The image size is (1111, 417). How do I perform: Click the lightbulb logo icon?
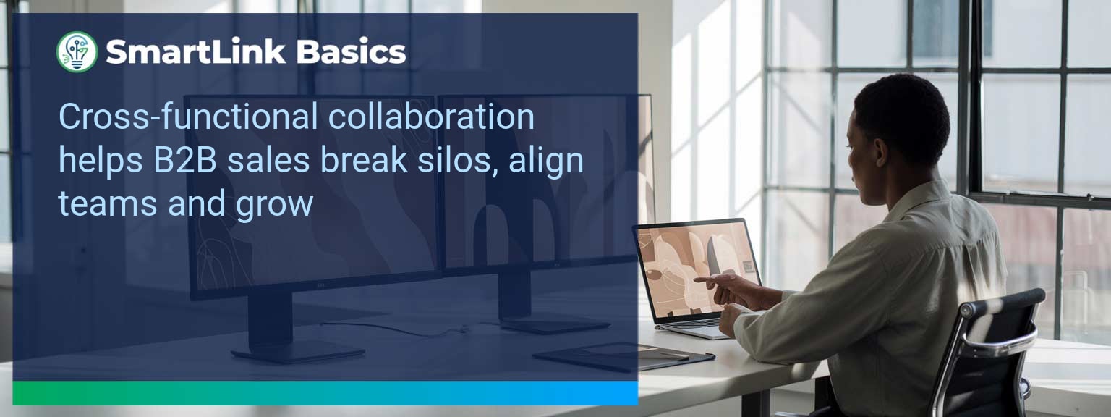(77, 52)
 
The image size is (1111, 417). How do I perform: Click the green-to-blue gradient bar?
(325, 393)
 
